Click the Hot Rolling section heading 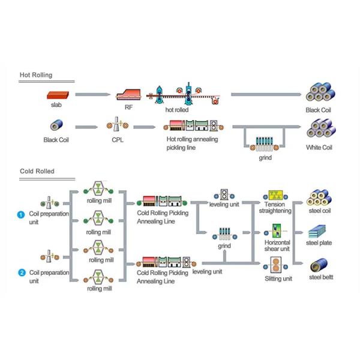[36, 75]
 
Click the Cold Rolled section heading [37, 171]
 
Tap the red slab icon [57, 94]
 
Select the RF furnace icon [129, 94]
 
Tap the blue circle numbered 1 [22, 214]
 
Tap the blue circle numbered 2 [22, 273]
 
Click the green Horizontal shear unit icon [277, 230]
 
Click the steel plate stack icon [317, 232]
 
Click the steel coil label [318, 211]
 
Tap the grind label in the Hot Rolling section [265, 158]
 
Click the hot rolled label [177, 110]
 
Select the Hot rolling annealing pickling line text [193, 143]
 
